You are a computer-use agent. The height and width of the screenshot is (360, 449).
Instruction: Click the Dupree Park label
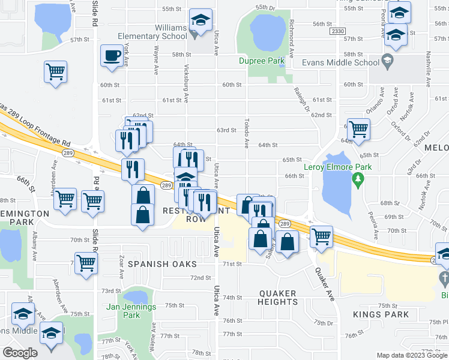(261, 61)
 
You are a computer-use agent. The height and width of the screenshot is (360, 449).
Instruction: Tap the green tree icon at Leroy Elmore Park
(358, 178)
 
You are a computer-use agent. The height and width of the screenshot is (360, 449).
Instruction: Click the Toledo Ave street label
(246, 133)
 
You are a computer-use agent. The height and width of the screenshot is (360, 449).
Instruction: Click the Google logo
(20, 353)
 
